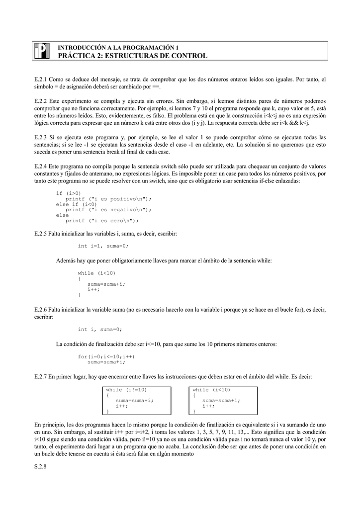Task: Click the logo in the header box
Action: click(x=42, y=51)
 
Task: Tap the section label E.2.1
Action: click(x=40, y=79)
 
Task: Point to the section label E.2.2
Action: click(x=40, y=100)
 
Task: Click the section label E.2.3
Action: click(x=40, y=137)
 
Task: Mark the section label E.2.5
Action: click(x=40, y=233)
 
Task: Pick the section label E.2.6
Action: click(x=40, y=309)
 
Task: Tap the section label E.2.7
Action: click(x=40, y=377)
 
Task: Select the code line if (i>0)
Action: click(x=69, y=193)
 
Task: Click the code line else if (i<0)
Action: click(x=77, y=204)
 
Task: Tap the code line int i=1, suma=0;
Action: click(x=103, y=246)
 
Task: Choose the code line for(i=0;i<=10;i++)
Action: click(x=106, y=356)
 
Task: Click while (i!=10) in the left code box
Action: click(x=127, y=390)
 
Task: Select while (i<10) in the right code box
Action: click(x=212, y=390)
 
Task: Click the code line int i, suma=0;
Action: click(x=100, y=329)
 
